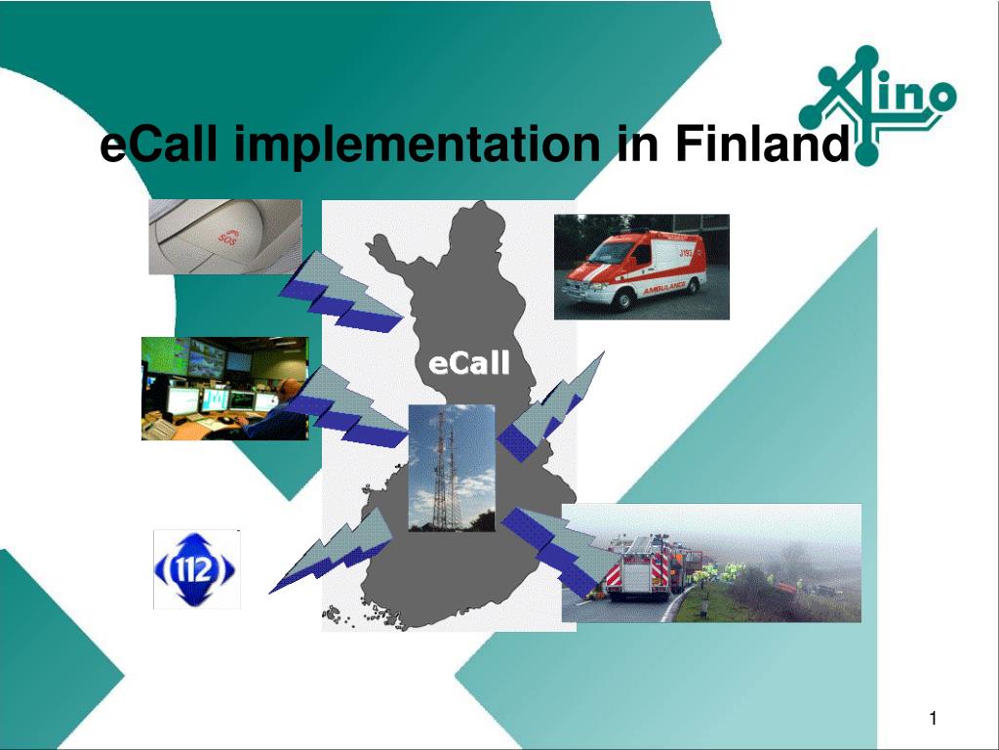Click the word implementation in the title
click(417, 144)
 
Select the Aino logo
click(878, 105)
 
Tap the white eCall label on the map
click(469, 364)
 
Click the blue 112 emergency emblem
click(195, 569)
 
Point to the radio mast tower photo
click(452, 468)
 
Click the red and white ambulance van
click(635, 269)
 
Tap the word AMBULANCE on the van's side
click(664, 288)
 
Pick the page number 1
click(934, 719)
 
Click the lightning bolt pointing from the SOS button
click(340, 293)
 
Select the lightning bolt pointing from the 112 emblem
click(332, 551)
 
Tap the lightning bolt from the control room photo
click(347, 406)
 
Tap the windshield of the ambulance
click(609, 253)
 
